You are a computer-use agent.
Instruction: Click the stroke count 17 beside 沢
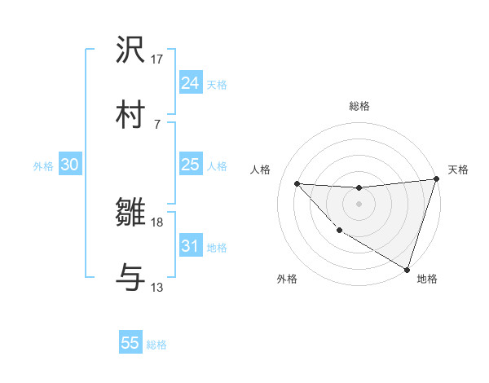point(157,59)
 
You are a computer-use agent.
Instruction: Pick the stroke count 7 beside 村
point(157,123)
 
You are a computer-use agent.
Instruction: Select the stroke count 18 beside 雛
point(157,222)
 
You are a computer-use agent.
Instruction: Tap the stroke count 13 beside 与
point(157,287)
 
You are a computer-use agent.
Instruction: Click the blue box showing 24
point(190,83)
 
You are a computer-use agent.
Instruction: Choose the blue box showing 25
point(190,165)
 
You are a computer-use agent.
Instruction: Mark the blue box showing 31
point(190,246)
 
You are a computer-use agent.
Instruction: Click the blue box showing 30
point(69,165)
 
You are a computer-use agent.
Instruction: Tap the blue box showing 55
point(130,343)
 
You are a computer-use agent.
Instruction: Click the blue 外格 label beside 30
point(43,166)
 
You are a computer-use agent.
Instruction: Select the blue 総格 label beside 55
point(156,345)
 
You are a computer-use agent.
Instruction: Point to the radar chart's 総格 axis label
point(359,106)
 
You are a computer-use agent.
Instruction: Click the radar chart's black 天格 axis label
point(458,169)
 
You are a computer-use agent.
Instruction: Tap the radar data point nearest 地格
point(407,269)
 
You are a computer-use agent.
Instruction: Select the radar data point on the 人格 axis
point(297,183)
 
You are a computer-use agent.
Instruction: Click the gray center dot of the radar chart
point(359,204)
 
